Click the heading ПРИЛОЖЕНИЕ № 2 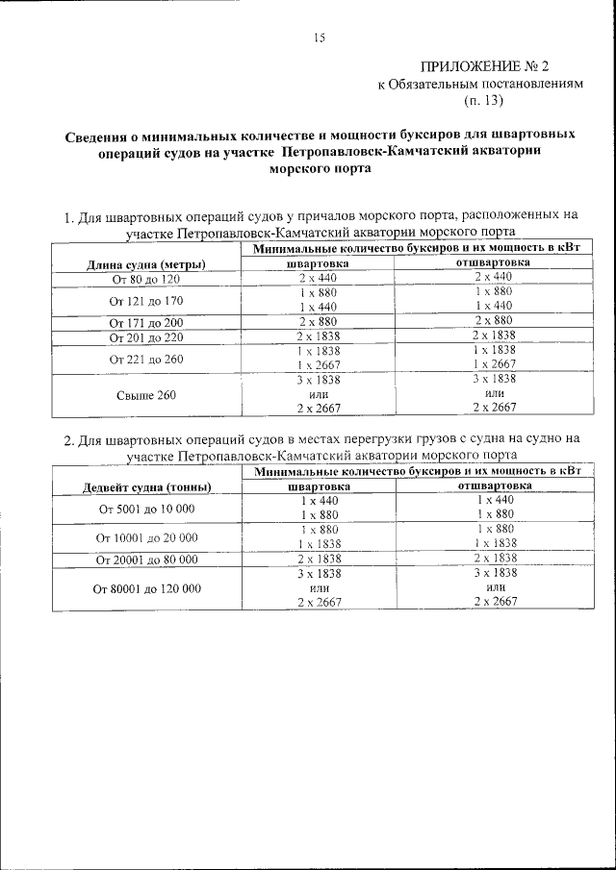click(x=483, y=67)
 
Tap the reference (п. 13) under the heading click(x=482, y=100)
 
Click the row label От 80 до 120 click(x=145, y=280)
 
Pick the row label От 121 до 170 click(x=145, y=300)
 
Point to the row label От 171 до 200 click(x=145, y=322)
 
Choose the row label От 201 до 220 click(x=145, y=337)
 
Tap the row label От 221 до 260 click(x=145, y=359)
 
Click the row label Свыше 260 click(x=145, y=394)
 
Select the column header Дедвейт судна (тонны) click(x=147, y=488)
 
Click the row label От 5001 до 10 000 click(x=147, y=508)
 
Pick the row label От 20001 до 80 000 click(x=147, y=559)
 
